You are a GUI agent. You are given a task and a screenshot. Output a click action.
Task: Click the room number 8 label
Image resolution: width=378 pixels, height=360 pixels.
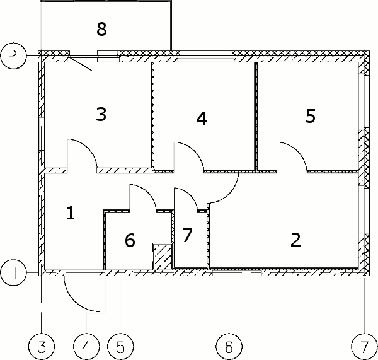pyautogui.click(x=101, y=29)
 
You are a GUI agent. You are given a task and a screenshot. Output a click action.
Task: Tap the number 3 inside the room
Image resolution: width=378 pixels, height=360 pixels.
pyautogui.click(x=101, y=114)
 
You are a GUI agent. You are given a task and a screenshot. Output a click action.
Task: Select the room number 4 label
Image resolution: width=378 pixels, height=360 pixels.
pyautogui.click(x=202, y=119)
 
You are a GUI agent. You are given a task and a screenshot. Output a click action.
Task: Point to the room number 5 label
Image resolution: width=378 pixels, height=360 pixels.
pyautogui.click(x=311, y=116)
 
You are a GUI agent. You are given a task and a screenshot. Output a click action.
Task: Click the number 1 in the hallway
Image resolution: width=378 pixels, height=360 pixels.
pyautogui.click(x=71, y=212)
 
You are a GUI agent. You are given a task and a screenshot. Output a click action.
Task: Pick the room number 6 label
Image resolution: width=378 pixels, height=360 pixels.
pyautogui.click(x=130, y=240)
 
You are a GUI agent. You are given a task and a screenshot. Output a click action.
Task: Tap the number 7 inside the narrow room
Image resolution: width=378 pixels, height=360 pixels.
pyautogui.click(x=187, y=235)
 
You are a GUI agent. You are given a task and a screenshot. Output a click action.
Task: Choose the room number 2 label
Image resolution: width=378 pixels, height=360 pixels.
pyautogui.click(x=295, y=240)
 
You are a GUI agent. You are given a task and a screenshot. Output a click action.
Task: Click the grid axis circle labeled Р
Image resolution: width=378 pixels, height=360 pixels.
pyautogui.click(x=13, y=55)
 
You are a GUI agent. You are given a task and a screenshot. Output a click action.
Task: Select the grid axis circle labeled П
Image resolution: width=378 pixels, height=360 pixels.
pyautogui.click(x=13, y=272)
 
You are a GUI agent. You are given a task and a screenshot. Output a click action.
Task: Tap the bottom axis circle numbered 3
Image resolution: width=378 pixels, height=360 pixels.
pyautogui.click(x=42, y=347)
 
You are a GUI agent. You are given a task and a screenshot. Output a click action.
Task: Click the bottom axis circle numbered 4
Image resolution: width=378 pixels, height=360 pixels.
pyautogui.click(x=86, y=347)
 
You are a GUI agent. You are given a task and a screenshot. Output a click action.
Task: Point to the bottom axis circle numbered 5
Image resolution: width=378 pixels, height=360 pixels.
pyautogui.click(x=120, y=347)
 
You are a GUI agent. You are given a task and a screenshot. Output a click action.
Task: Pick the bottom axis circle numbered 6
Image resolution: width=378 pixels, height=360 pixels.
pyautogui.click(x=229, y=347)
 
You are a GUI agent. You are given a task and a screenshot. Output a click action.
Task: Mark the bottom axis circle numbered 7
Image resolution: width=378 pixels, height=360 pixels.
pyautogui.click(x=365, y=347)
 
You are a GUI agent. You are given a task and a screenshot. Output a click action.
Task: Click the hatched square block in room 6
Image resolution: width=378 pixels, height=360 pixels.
pyautogui.click(x=163, y=256)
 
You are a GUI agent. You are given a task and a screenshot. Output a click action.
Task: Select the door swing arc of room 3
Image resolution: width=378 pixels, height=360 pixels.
pyautogui.click(x=89, y=148)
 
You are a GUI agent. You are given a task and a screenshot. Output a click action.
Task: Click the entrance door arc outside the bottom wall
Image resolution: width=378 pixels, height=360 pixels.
pyautogui.click(x=74, y=301)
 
